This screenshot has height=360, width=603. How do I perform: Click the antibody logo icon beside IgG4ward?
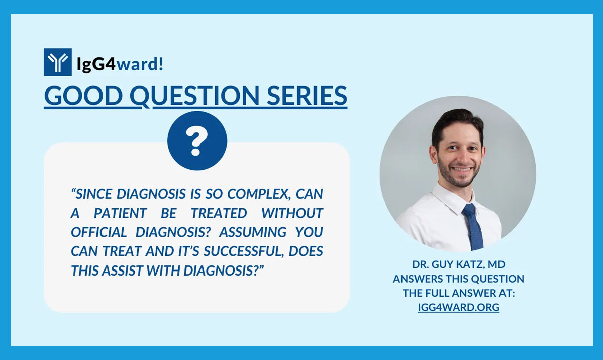pos(57,62)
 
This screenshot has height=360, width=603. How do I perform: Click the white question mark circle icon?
pos(197,141)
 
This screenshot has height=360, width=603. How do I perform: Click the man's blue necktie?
pos(472,226)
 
